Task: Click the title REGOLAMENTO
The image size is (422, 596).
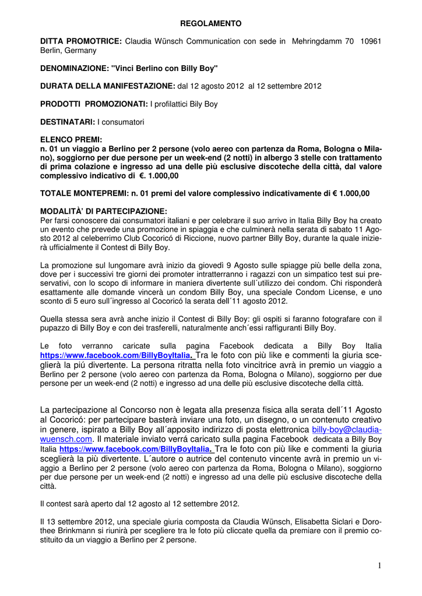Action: pos(210,24)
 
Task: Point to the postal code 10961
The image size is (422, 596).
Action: pos(371,41)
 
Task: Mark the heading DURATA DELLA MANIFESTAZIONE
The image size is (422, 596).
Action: pos(107,86)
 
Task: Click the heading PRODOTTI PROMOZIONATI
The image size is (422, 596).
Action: pos(94,104)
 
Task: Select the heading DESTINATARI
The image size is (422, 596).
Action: pos(67,122)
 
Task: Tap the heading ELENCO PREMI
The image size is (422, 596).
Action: pos(71,140)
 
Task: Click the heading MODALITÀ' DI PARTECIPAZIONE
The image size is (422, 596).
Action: pos(103,211)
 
